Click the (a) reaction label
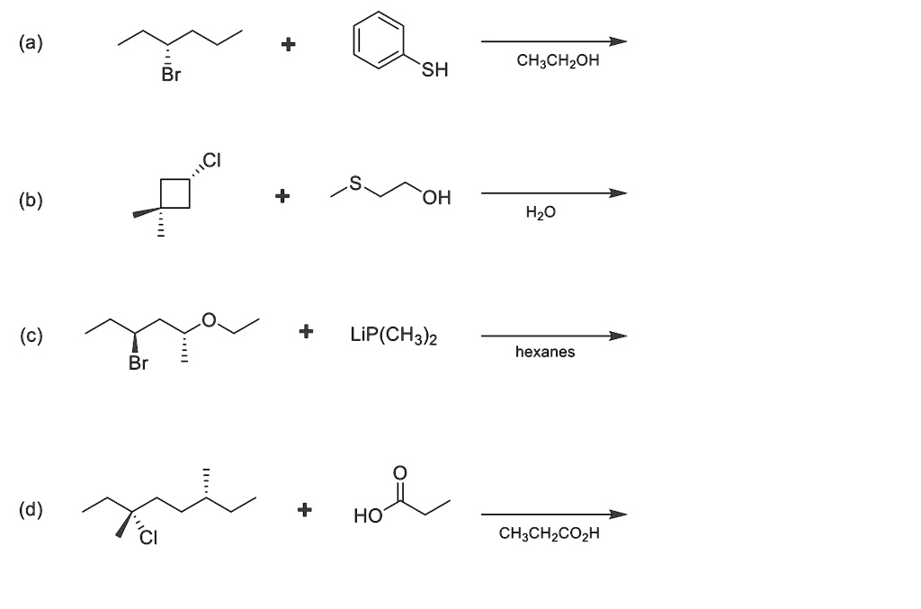(x=31, y=43)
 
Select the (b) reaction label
(x=31, y=201)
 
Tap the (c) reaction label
(x=31, y=336)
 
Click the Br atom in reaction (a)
(x=172, y=75)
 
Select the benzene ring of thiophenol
(x=379, y=40)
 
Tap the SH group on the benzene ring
(x=434, y=70)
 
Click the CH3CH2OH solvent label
(x=558, y=60)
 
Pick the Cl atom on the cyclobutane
(x=211, y=160)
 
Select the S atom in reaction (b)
(x=355, y=184)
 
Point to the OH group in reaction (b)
(x=436, y=197)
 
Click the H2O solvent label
(x=541, y=212)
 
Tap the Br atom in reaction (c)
(x=139, y=363)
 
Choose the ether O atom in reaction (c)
(x=209, y=320)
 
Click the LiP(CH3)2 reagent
(x=394, y=336)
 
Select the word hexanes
(x=545, y=352)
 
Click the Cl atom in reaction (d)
(x=148, y=537)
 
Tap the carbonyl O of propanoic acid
(x=399, y=473)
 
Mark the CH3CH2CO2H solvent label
(x=550, y=533)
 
